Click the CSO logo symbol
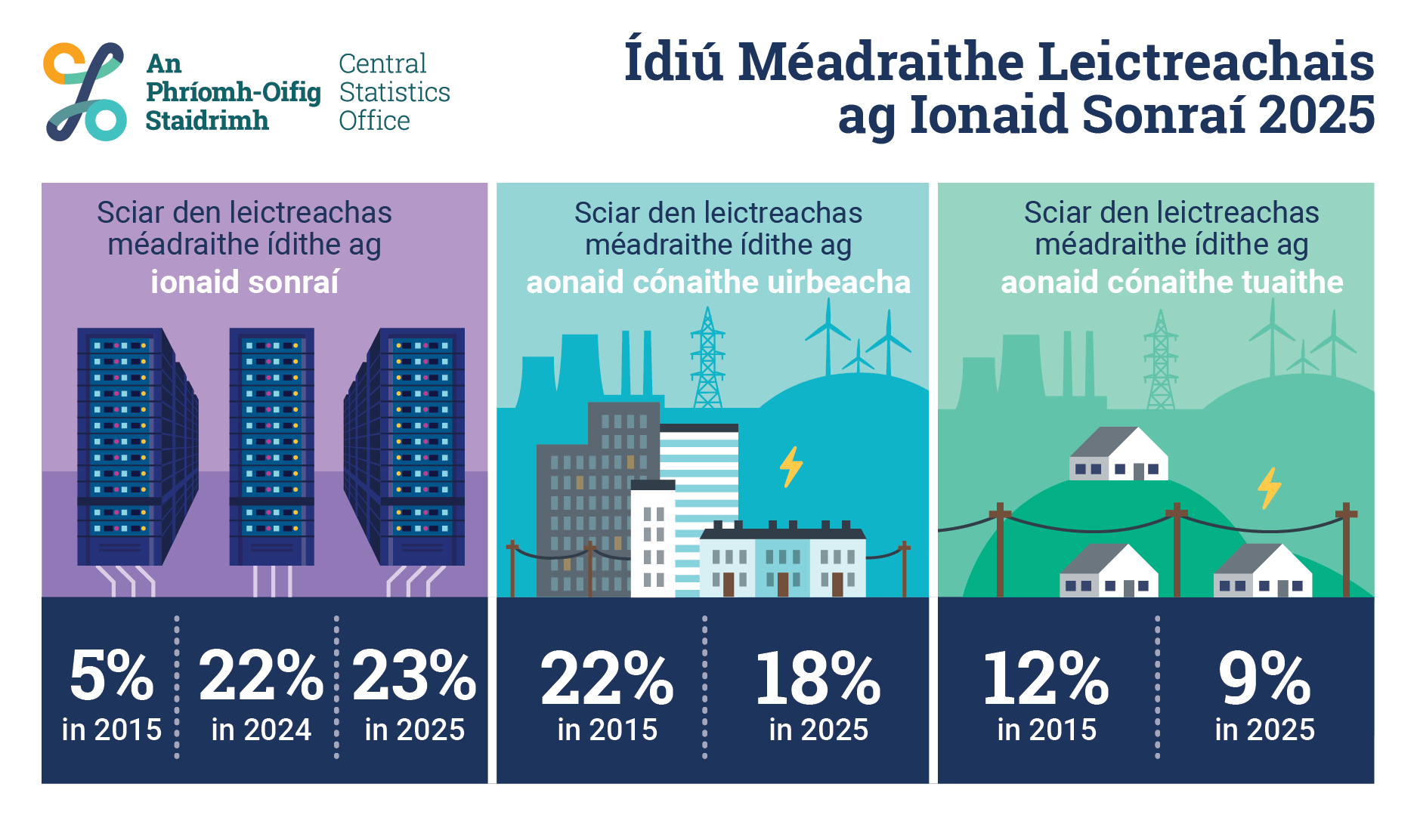(x=85, y=91)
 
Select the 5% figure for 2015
(x=112, y=675)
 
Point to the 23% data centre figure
(x=414, y=675)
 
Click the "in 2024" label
(x=261, y=730)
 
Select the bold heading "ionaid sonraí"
(x=245, y=282)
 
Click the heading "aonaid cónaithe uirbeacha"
(x=718, y=282)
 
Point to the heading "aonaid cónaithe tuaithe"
(x=1171, y=282)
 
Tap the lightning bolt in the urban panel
(x=791, y=467)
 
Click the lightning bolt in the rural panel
(x=1270, y=488)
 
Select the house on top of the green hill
(x=1118, y=454)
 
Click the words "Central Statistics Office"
(x=394, y=92)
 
